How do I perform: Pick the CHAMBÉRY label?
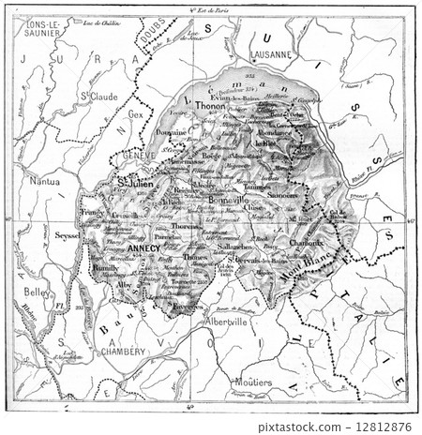click(x=123, y=352)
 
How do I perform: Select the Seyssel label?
click(x=68, y=235)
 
